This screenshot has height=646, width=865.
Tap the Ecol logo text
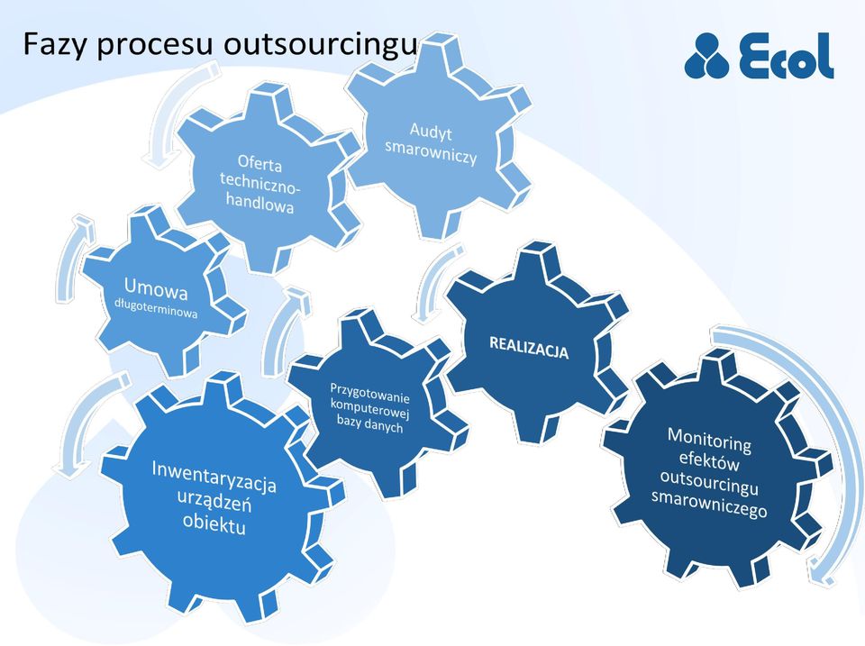coord(787,56)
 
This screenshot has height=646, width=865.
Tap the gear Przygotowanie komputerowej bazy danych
coord(375,403)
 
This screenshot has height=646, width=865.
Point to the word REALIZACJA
coord(529,347)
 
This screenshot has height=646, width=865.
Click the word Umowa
coord(156,288)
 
